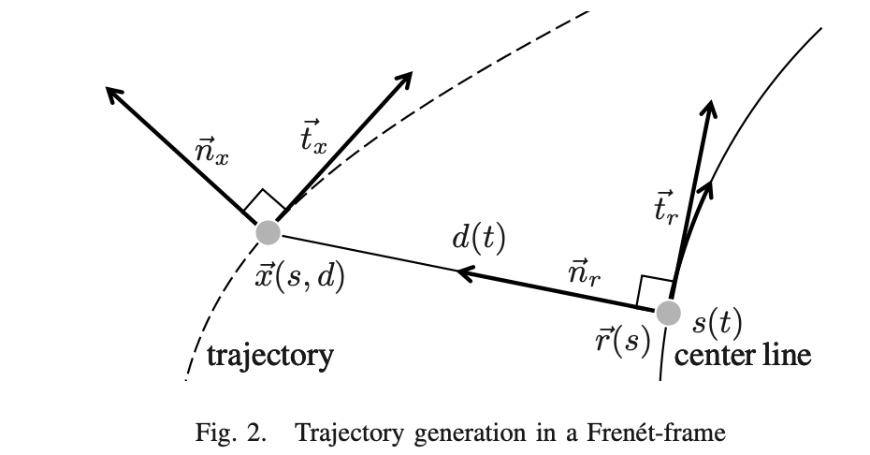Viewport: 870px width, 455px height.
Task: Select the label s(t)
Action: pyautogui.click(x=718, y=323)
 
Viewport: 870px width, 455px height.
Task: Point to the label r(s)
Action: pyautogui.click(x=622, y=341)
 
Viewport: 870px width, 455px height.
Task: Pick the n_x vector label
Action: pyautogui.click(x=209, y=152)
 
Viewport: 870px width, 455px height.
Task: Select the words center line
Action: pyautogui.click(x=743, y=356)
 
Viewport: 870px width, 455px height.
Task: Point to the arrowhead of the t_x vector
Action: pyautogui.click(x=405, y=78)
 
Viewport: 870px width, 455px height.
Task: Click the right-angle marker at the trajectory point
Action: pyautogui.click(x=266, y=204)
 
